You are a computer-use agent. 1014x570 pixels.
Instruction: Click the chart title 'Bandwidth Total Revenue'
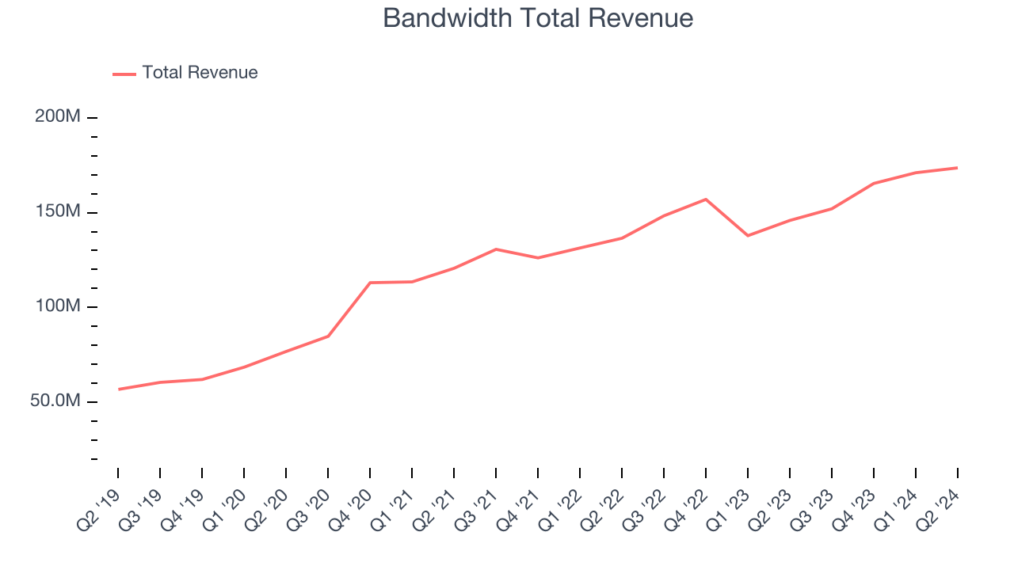pyautogui.click(x=538, y=18)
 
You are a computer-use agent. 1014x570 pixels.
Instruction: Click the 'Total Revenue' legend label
pyautogui.click(x=200, y=73)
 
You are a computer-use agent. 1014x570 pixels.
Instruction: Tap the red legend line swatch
pyautogui.click(x=124, y=74)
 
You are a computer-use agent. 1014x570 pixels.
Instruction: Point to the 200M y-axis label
pyautogui.click(x=57, y=116)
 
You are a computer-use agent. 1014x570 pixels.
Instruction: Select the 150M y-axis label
pyautogui.click(x=57, y=211)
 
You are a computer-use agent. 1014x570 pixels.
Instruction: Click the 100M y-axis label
pyautogui.click(x=57, y=306)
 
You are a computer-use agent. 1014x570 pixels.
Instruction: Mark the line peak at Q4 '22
pyautogui.click(x=706, y=199)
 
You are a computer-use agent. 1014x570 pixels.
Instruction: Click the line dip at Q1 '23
pyautogui.click(x=748, y=235)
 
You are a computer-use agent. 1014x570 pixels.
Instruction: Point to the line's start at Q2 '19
pyautogui.click(x=118, y=389)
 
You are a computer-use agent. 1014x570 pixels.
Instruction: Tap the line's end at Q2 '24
pyautogui.click(x=957, y=168)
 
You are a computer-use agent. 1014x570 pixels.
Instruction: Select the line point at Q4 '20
pyautogui.click(x=370, y=283)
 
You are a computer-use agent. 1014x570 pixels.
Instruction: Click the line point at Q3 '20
pyautogui.click(x=328, y=336)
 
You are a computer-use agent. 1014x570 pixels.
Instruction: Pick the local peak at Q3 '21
pyautogui.click(x=496, y=249)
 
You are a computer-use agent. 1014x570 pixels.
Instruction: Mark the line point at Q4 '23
pyautogui.click(x=873, y=184)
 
